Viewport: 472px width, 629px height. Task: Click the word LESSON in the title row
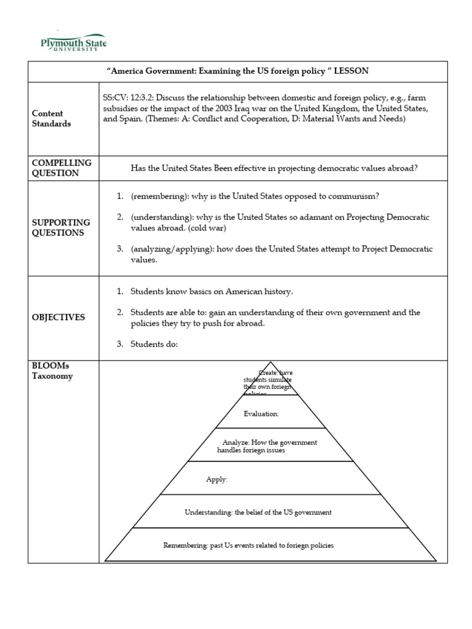pyautogui.click(x=351, y=71)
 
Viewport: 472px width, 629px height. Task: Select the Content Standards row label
pyautogui.click(x=52, y=119)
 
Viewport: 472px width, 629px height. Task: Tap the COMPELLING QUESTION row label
pyautogui.click(x=61, y=168)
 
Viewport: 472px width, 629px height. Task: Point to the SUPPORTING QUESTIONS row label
pyautogui.click(x=61, y=227)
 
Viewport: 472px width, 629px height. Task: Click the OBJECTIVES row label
pyautogui.click(x=58, y=318)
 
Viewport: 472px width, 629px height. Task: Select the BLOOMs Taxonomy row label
pyautogui.click(x=52, y=371)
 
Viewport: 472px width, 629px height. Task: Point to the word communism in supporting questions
pyautogui.click(x=349, y=196)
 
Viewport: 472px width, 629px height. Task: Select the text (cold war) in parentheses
pyautogui.click(x=208, y=228)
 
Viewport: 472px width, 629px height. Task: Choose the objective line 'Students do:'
pyautogui.click(x=154, y=344)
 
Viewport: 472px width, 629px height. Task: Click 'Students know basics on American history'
pyautogui.click(x=207, y=292)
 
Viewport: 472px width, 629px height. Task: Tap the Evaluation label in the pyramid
pyautogui.click(x=261, y=414)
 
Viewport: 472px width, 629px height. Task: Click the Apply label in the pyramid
pyautogui.click(x=216, y=480)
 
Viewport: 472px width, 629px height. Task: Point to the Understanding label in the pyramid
pyautogui.click(x=209, y=512)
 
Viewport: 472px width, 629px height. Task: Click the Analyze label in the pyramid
pyautogui.click(x=237, y=442)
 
